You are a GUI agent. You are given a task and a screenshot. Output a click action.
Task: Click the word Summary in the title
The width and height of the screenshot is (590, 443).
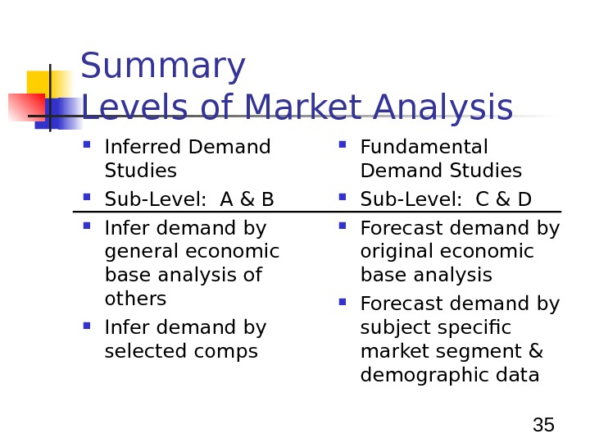tap(162, 67)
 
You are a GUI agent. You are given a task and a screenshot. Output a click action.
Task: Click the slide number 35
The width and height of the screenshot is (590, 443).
tap(543, 425)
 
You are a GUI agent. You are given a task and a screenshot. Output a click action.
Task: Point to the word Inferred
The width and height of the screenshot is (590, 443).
tap(143, 147)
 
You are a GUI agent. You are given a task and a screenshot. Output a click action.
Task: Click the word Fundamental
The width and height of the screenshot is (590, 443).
tap(424, 147)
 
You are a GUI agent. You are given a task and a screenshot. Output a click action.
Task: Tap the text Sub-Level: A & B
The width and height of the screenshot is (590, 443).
tap(189, 199)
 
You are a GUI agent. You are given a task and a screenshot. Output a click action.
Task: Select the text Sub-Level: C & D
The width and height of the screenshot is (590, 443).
tap(446, 199)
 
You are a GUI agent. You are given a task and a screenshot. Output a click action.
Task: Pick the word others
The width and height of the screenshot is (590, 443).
tap(135, 298)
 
